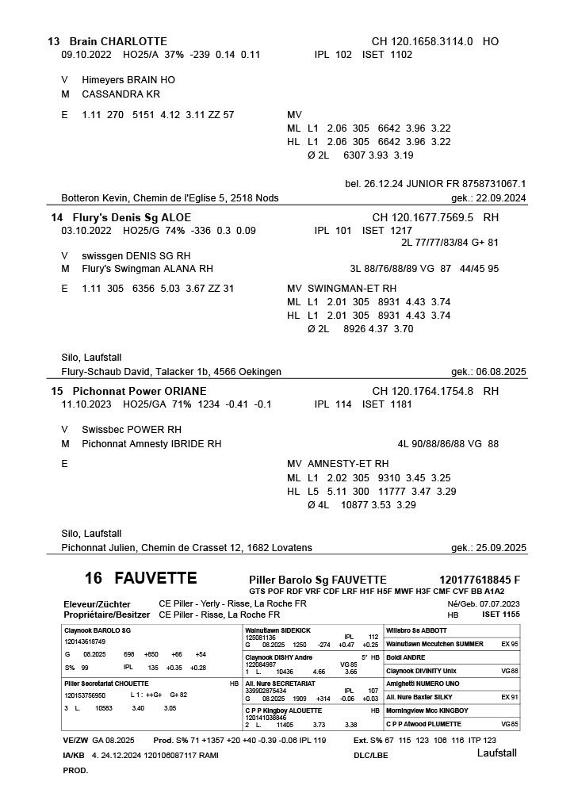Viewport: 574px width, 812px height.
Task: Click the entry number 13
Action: pyautogui.click(x=54, y=41)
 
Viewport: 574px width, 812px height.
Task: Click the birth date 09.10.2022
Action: pyautogui.click(x=86, y=55)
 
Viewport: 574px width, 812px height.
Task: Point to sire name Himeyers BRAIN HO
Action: pyautogui.click(x=128, y=80)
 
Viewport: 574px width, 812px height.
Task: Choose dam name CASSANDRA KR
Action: pyautogui.click(x=121, y=94)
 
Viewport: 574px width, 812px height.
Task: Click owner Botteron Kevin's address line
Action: pyautogui.click(x=170, y=198)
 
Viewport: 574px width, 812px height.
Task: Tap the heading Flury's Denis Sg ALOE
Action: pyautogui.click(x=131, y=217)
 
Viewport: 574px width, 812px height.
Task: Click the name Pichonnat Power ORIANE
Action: pyautogui.click(x=139, y=391)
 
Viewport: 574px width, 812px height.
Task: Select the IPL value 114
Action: pyautogui.click(x=343, y=404)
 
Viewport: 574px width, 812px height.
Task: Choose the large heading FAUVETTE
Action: pyautogui.click(x=155, y=577)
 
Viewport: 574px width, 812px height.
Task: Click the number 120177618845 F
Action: pyautogui.click(x=480, y=580)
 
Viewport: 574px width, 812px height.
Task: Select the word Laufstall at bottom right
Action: pyautogui.click(x=496, y=753)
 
